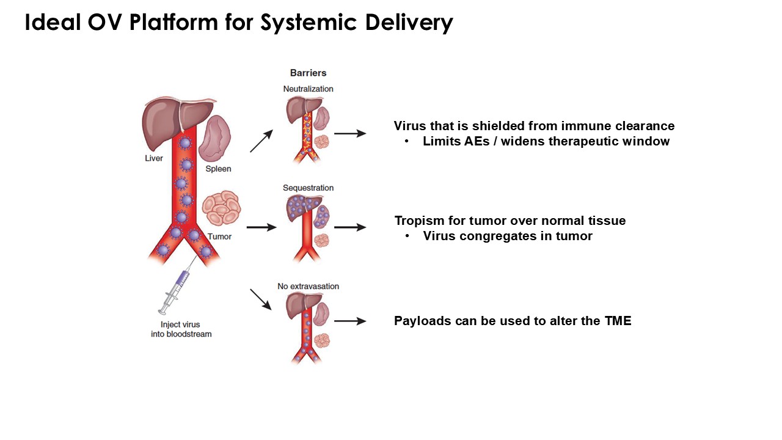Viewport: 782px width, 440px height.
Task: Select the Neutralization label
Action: [308, 89]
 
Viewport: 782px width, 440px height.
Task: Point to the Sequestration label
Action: [308, 188]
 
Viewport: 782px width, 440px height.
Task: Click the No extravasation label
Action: [308, 286]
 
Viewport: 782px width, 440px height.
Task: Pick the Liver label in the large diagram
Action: [154, 158]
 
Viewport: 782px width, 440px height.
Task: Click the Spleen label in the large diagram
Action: [218, 169]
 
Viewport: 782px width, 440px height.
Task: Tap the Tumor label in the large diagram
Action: [219, 237]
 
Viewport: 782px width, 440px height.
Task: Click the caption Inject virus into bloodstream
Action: [181, 329]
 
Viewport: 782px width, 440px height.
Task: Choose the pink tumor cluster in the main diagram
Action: [221, 208]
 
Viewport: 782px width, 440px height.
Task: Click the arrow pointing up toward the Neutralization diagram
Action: [261, 141]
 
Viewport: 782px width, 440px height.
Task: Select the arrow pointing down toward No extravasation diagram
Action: [261, 299]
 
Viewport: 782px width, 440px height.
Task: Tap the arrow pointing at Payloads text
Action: [349, 321]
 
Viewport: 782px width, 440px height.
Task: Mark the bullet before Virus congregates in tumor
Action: [407, 236]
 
